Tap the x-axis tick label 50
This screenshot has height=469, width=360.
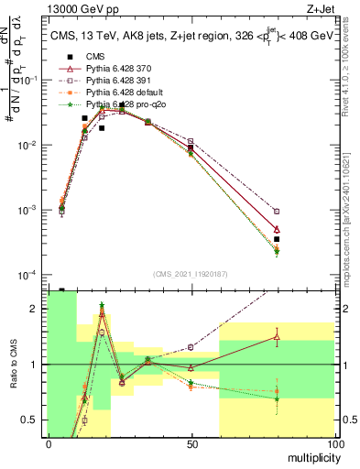[191, 443]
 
